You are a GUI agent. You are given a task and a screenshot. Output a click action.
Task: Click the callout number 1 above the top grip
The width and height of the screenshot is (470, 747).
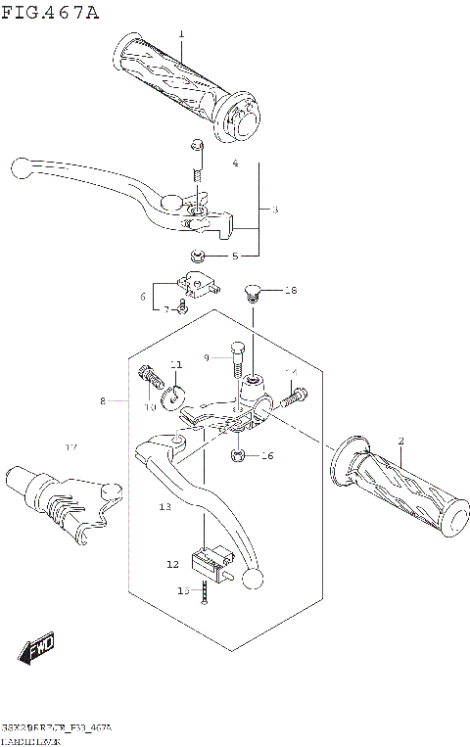click(181, 34)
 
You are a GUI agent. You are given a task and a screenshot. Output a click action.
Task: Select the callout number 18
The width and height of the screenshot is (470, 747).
click(290, 290)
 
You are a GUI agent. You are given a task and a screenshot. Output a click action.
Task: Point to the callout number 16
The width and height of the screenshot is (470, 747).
click(267, 456)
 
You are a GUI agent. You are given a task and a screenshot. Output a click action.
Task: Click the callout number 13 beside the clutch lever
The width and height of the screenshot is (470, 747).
click(165, 507)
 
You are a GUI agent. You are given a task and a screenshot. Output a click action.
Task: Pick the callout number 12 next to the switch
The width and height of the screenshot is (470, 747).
click(172, 564)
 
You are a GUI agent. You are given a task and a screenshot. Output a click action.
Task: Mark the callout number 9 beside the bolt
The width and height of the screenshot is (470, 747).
click(208, 358)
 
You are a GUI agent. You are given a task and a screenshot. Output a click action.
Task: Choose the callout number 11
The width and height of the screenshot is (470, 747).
click(176, 365)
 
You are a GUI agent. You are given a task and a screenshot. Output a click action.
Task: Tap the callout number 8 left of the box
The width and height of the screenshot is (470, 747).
click(102, 400)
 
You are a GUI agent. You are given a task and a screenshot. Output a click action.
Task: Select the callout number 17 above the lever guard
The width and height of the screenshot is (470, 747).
click(70, 447)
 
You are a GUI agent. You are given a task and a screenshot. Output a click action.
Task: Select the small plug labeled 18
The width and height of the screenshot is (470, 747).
click(250, 291)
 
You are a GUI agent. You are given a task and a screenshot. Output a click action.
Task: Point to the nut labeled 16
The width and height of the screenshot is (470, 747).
click(239, 455)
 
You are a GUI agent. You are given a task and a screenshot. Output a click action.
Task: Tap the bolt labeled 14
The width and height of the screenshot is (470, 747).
click(294, 397)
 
